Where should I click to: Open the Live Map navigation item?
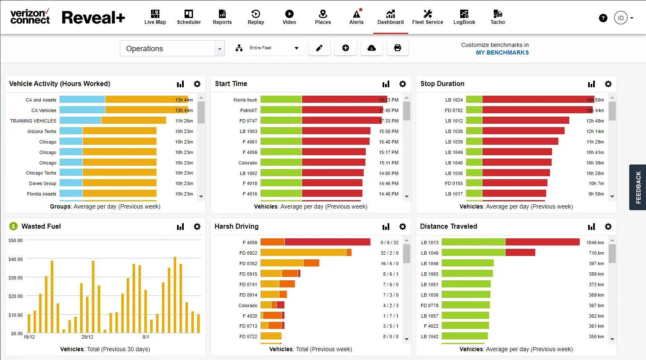155,17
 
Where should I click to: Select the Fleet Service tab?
427,17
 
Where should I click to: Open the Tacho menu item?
498,17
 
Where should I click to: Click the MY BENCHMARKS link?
502,52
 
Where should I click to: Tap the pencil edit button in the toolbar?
319,48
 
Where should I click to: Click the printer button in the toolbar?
397,48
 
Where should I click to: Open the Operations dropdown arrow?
219,49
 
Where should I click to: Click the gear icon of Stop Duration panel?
608,84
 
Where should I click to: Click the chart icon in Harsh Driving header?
386,227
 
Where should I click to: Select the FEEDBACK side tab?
638,187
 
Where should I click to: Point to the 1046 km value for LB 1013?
595,243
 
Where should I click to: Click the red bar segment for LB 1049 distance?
520,253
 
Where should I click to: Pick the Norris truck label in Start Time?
245,100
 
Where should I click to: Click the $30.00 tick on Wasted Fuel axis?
16,278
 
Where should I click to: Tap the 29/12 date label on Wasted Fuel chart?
87,337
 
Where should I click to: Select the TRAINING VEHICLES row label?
33,121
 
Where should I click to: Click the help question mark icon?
603,18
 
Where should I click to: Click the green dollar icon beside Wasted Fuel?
13,226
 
